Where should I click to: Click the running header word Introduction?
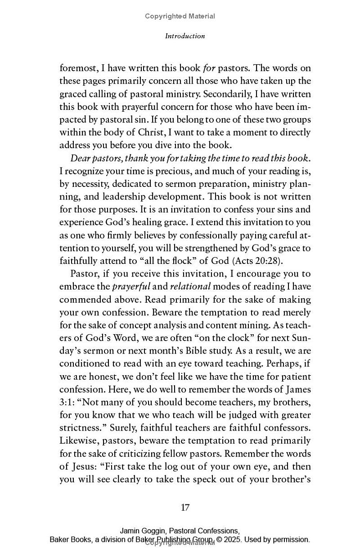coord(185,36)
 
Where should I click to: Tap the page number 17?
coord(185,508)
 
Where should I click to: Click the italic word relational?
coord(190,286)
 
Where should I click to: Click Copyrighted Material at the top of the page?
coord(180,16)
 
